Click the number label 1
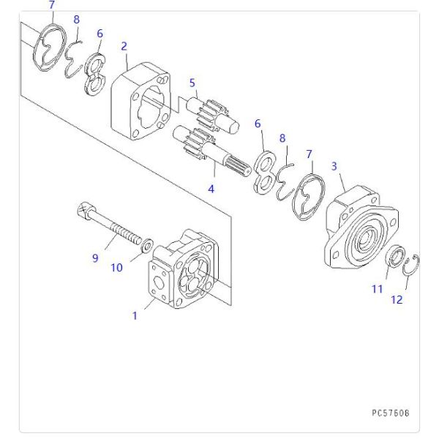[x=135, y=316]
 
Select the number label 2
[x=124, y=46]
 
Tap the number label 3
[x=334, y=167]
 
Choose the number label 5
[x=192, y=83]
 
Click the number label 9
[x=94, y=258]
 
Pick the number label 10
[x=116, y=268]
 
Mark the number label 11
[x=377, y=289]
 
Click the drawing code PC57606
[x=390, y=413]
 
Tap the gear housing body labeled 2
[x=143, y=102]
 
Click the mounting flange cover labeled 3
[x=359, y=230]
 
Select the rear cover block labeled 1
[x=183, y=271]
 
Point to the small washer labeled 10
[x=146, y=244]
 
